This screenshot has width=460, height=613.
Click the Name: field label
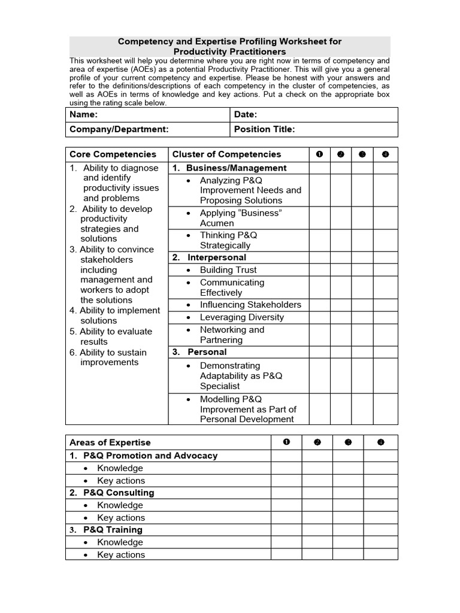(84, 114)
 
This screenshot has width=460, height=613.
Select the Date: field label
(246, 114)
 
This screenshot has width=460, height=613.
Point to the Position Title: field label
(264, 129)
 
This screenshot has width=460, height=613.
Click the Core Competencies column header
(113, 154)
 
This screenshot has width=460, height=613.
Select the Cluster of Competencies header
(226, 154)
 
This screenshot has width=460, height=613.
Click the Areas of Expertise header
(110, 442)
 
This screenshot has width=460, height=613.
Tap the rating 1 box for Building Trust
(319, 270)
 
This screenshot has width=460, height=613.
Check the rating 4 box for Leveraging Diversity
(386, 317)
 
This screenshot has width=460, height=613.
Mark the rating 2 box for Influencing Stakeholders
(340, 305)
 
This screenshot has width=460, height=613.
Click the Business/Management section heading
(236, 168)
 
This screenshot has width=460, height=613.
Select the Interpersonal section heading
(216, 257)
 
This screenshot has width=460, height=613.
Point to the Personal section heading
(207, 352)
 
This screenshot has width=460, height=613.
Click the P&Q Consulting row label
(118, 493)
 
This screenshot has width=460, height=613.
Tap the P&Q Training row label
(113, 530)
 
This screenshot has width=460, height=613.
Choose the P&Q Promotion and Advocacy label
(150, 456)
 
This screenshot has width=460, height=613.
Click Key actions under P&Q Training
(121, 555)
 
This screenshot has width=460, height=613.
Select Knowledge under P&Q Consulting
(120, 505)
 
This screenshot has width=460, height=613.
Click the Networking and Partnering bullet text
(232, 335)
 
